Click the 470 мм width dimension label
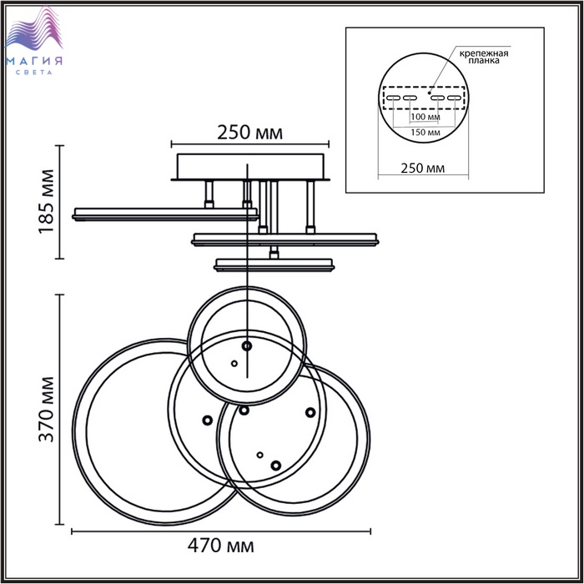click(x=220, y=546)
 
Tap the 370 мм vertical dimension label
click(x=47, y=410)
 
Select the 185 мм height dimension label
click(x=47, y=202)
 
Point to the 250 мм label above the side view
click(x=250, y=133)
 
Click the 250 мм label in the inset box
click(x=423, y=169)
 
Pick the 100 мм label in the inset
click(x=425, y=117)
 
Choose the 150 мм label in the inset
click(x=425, y=132)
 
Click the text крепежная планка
click(x=484, y=57)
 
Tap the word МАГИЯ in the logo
click(x=34, y=61)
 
